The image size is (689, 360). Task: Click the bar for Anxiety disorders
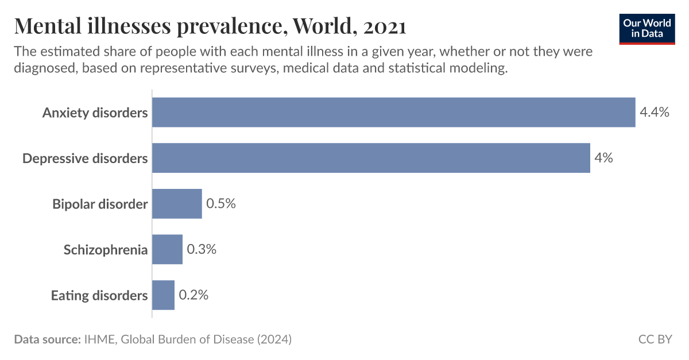coord(393,112)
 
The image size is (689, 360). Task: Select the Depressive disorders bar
coord(371,158)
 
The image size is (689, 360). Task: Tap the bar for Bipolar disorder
coord(177,204)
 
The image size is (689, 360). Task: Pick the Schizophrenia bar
coord(167,249)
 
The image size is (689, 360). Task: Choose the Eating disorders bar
coord(163,295)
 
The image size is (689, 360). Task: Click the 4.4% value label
coord(655,112)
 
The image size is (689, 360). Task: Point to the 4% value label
coord(603,158)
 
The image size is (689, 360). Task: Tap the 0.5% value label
coord(221,204)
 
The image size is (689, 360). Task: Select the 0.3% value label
coord(202,250)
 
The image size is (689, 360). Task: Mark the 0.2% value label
coord(193,295)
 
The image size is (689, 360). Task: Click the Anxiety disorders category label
coord(95,113)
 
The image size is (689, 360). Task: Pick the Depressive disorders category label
coord(85,158)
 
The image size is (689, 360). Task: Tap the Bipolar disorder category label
coord(100,204)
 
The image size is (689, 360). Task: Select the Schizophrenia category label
coord(106,250)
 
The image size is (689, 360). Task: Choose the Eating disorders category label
coord(99,296)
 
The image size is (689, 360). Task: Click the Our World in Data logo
coord(647,29)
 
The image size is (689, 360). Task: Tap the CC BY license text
coord(655,339)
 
